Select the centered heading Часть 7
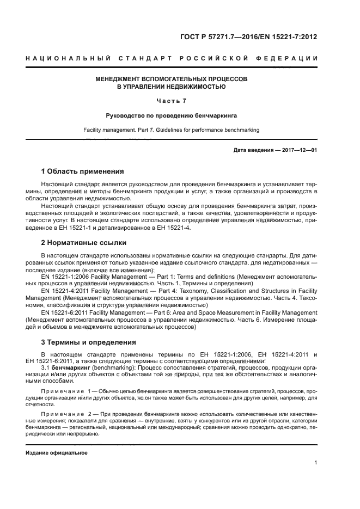(x=172, y=101)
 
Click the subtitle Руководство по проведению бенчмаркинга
(x=172, y=116)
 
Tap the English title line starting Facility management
(x=172, y=130)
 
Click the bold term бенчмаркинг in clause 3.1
(x=70, y=367)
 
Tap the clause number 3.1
(x=45, y=367)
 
